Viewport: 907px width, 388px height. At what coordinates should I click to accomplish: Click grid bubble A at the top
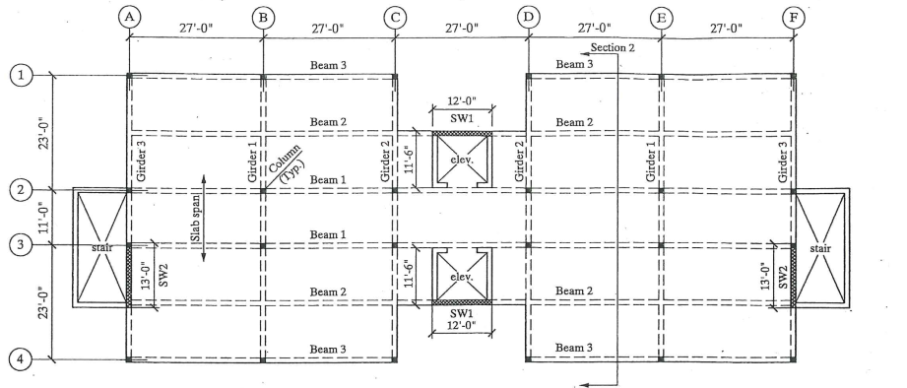(x=128, y=17)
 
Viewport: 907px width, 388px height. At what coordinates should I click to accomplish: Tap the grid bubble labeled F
(x=794, y=17)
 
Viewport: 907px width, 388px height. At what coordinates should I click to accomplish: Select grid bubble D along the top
(x=528, y=17)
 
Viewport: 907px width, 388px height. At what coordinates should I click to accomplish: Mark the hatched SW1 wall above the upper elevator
(x=463, y=132)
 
